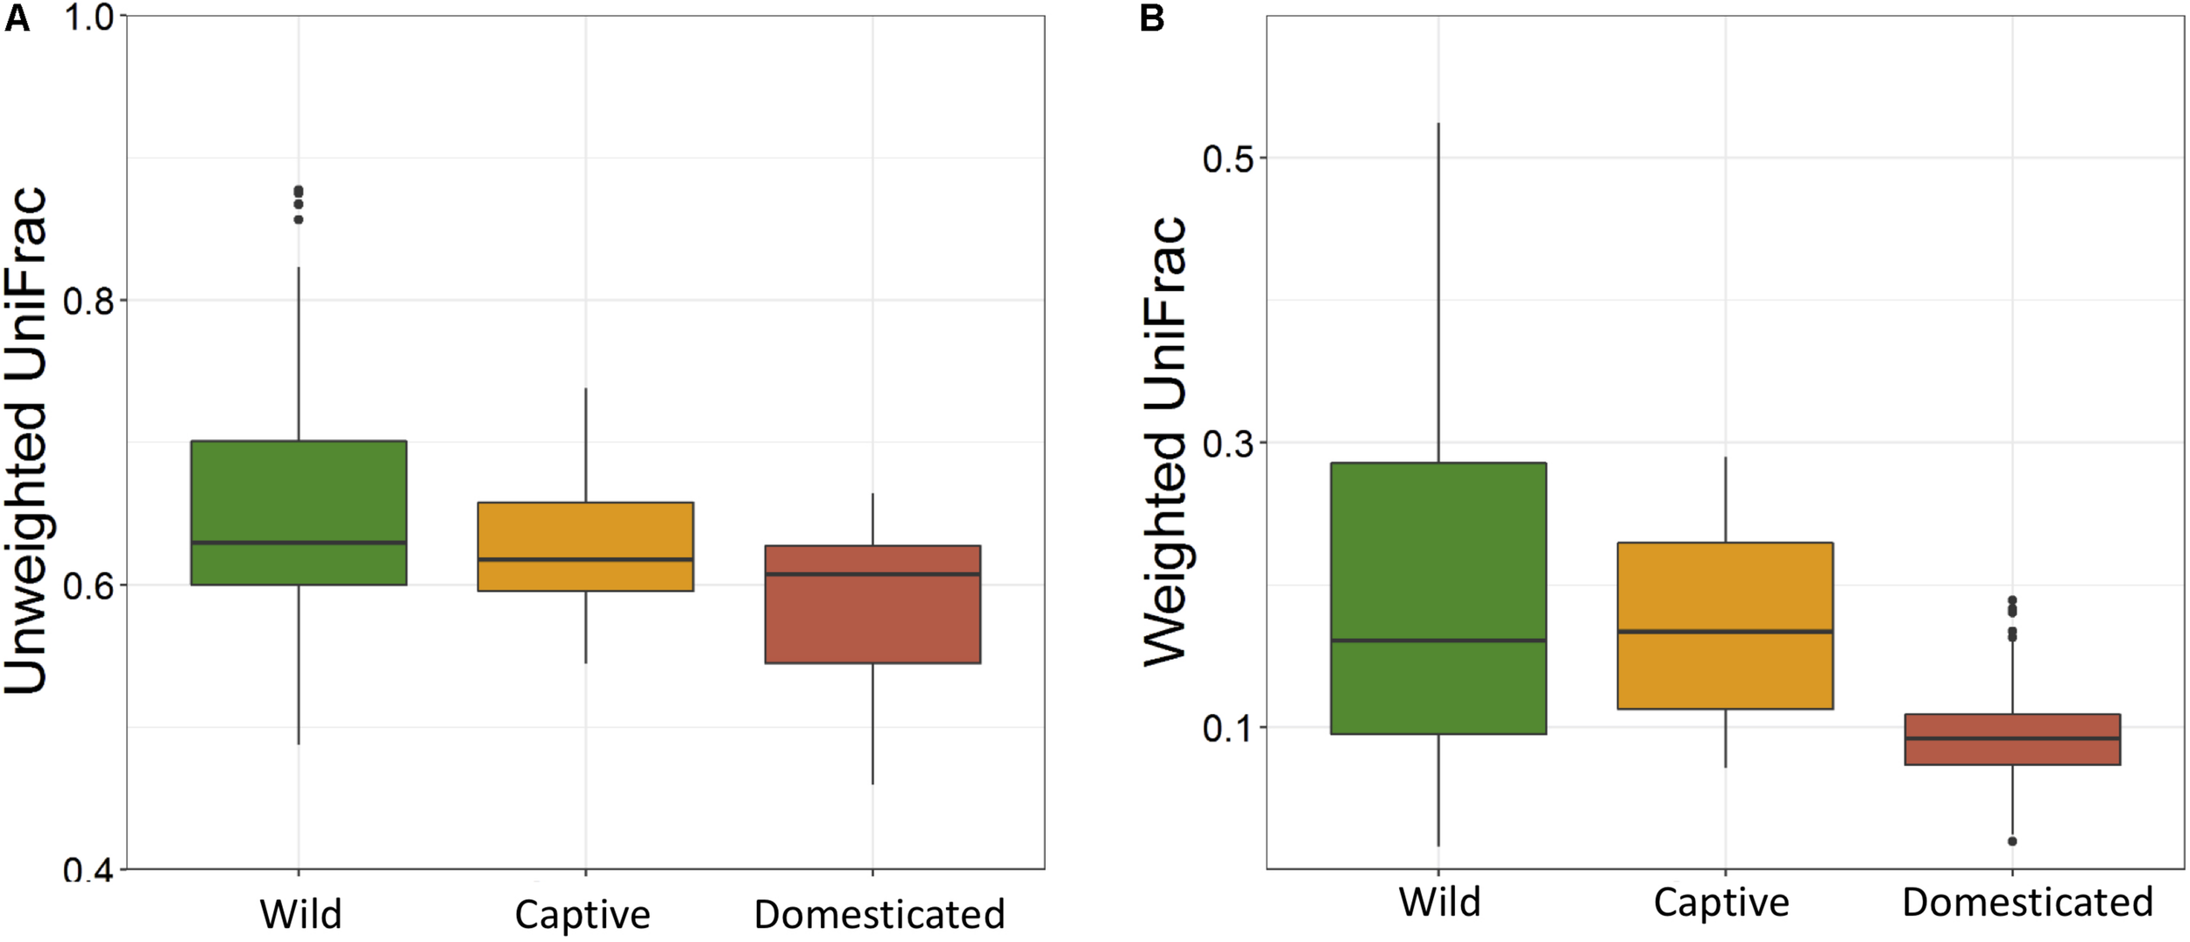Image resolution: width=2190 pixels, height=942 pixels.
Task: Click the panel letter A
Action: (x=17, y=18)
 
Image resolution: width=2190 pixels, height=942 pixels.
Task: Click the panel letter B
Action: (x=1152, y=18)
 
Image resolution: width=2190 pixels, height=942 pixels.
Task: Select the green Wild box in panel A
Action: (x=299, y=491)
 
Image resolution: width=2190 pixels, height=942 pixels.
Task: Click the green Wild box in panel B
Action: (x=1438, y=552)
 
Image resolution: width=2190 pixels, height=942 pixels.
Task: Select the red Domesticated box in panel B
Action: (x=2012, y=752)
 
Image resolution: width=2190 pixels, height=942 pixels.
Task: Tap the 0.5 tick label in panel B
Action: (x=1228, y=159)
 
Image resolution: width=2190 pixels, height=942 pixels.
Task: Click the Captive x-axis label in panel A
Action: (x=583, y=915)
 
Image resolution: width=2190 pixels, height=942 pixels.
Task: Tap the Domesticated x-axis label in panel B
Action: (x=2027, y=903)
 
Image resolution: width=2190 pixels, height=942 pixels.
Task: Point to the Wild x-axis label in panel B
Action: (x=1439, y=903)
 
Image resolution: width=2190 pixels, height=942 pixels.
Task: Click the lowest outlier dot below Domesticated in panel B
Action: (x=2012, y=841)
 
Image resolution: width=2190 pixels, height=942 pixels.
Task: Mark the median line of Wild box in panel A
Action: (x=299, y=543)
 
